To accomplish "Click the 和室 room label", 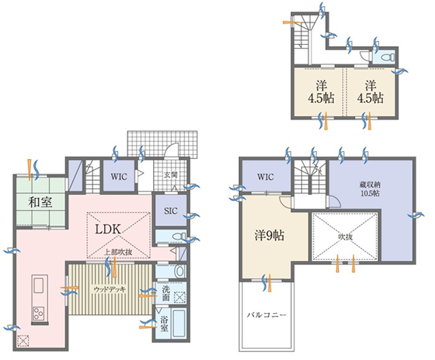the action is [41, 202].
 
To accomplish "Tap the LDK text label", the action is [108, 229].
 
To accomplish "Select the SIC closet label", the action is [171, 211].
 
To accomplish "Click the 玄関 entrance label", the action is [171, 175].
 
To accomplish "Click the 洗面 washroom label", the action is [166, 294].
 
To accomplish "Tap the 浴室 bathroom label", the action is [164, 324].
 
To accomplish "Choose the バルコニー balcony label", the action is [267, 315].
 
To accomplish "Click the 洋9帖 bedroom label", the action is [269, 236].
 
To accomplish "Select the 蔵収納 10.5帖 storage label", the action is [370, 189].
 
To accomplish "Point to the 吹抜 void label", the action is [345, 237].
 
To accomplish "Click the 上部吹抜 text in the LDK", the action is [118, 252].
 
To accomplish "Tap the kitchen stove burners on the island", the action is [39, 314].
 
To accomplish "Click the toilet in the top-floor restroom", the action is [388, 57].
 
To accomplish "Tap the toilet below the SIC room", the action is [178, 237].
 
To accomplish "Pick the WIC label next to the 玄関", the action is [119, 176].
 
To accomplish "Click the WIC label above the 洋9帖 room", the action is [266, 177].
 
